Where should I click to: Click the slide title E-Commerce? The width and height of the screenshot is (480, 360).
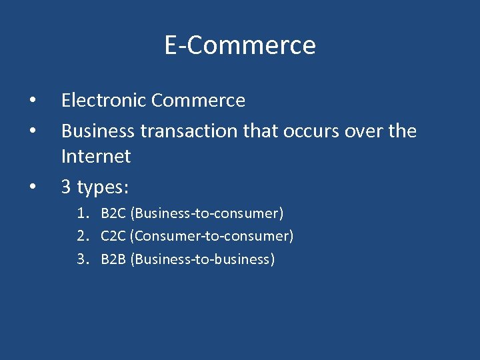point(240,45)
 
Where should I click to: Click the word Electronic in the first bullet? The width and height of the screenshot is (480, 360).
point(104,101)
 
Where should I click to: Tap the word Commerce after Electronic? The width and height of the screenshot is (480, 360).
point(198,101)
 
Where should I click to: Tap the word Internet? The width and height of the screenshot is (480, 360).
point(96,157)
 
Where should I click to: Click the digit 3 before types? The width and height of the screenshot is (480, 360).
point(67,187)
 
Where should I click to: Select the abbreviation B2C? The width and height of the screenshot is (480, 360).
point(114,214)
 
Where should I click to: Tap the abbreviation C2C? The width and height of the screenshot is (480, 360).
point(114,236)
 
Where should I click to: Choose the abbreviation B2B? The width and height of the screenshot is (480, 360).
point(114,259)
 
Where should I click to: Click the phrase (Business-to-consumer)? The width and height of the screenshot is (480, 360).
point(207,214)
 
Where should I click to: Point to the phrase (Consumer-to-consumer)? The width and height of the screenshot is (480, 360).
point(213,236)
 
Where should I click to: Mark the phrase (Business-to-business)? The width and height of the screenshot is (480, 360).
point(203,259)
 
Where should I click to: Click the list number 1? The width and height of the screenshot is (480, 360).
point(82,214)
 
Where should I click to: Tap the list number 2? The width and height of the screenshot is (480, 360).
point(82,236)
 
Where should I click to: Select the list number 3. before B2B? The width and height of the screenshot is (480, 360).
point(82,259)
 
